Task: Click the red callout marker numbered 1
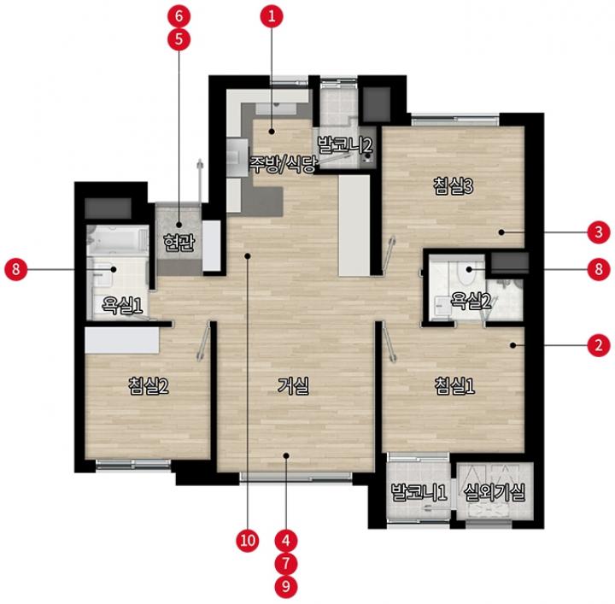pos(272,16)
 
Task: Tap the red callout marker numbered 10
pos(248,541)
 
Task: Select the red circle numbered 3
pos(599,232)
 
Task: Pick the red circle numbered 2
pos(599,345)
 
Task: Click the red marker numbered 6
pos(179,16)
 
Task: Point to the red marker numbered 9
pos(286,587)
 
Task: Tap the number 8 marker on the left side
pos(16,269)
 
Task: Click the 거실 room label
pos(293,385)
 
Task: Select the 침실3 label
pos(454,185)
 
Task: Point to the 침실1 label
pos(454,385)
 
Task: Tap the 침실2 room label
pos(149,385)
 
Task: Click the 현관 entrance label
pos(179,243)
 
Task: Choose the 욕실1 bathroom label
pos(122,305)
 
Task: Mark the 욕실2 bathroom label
pos(471,301)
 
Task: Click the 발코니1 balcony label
pos(419,492)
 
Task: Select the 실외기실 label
pos(495,492)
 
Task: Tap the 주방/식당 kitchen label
pos(284,165)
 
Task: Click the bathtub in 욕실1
pos(117,240)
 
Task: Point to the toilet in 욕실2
pos(466,273)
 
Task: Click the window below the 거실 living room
pos(296,477)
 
